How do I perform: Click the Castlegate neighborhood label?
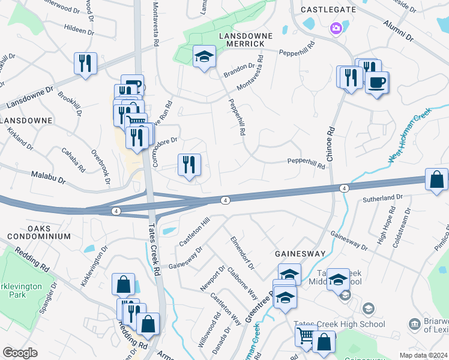[325, 10]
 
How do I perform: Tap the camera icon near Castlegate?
[336, 28]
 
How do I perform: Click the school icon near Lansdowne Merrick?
[204, 57]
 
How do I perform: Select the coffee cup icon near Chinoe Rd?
[376, 82]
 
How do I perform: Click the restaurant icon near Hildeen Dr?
[85, 63]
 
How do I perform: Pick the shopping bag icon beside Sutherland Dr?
[436, 179]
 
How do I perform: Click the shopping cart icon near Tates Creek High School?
[306, 337]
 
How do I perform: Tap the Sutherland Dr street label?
[382, 197]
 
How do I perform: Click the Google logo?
[20, 353]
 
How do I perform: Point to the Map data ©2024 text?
[423, 355]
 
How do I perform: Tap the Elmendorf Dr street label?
[243, 253]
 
